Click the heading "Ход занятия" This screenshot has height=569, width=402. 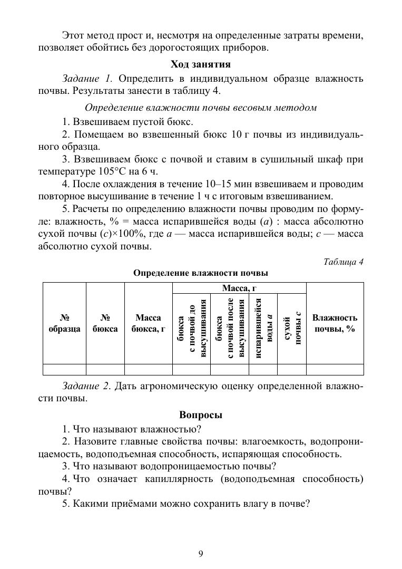coord(201,64)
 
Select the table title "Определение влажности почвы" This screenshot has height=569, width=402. coord(201,273)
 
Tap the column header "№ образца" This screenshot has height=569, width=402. coord(64,323)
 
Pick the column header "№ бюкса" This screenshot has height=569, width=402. coord(105,323)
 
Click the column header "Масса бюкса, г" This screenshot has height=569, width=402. coord(148,323)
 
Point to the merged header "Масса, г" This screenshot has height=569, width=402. coord(239,288)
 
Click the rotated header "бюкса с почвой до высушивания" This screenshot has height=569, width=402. coord(191,329)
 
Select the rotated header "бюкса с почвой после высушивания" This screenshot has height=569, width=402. coord(229,329)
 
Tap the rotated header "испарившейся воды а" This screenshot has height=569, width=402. coord(262,329)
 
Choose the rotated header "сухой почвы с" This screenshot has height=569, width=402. coord(291,329)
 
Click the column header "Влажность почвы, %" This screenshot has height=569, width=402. coord(335,323)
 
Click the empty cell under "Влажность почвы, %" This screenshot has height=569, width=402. coord(335,369)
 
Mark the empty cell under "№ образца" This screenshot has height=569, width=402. coord(64,369)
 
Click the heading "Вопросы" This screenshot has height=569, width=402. coord(201,415)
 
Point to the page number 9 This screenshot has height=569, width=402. coord(201,553)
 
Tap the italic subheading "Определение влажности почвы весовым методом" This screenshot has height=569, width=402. coord(201,108)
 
